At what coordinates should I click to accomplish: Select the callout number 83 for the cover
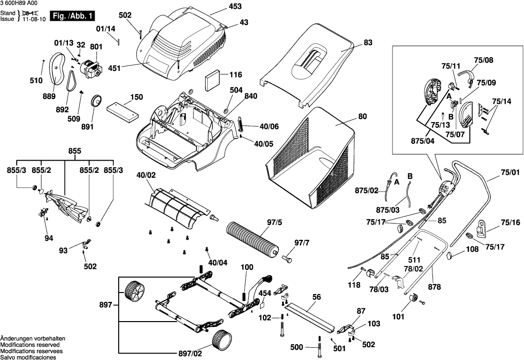pyautogui.click(x=368, y=43)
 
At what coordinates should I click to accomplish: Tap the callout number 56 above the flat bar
pyautogui.click(x=316, y=297)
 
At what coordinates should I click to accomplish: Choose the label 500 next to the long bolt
pyautogui.click(x=297, y=347)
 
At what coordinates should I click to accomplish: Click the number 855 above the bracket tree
pyautogui.click(x=74, y=151)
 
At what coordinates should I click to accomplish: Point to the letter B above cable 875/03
pyautogui.click(x=409, y=175)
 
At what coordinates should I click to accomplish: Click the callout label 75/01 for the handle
pyautogui.click(x=510, y=173)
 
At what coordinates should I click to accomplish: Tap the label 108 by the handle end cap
pyautogui.click(x=472, y=249)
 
